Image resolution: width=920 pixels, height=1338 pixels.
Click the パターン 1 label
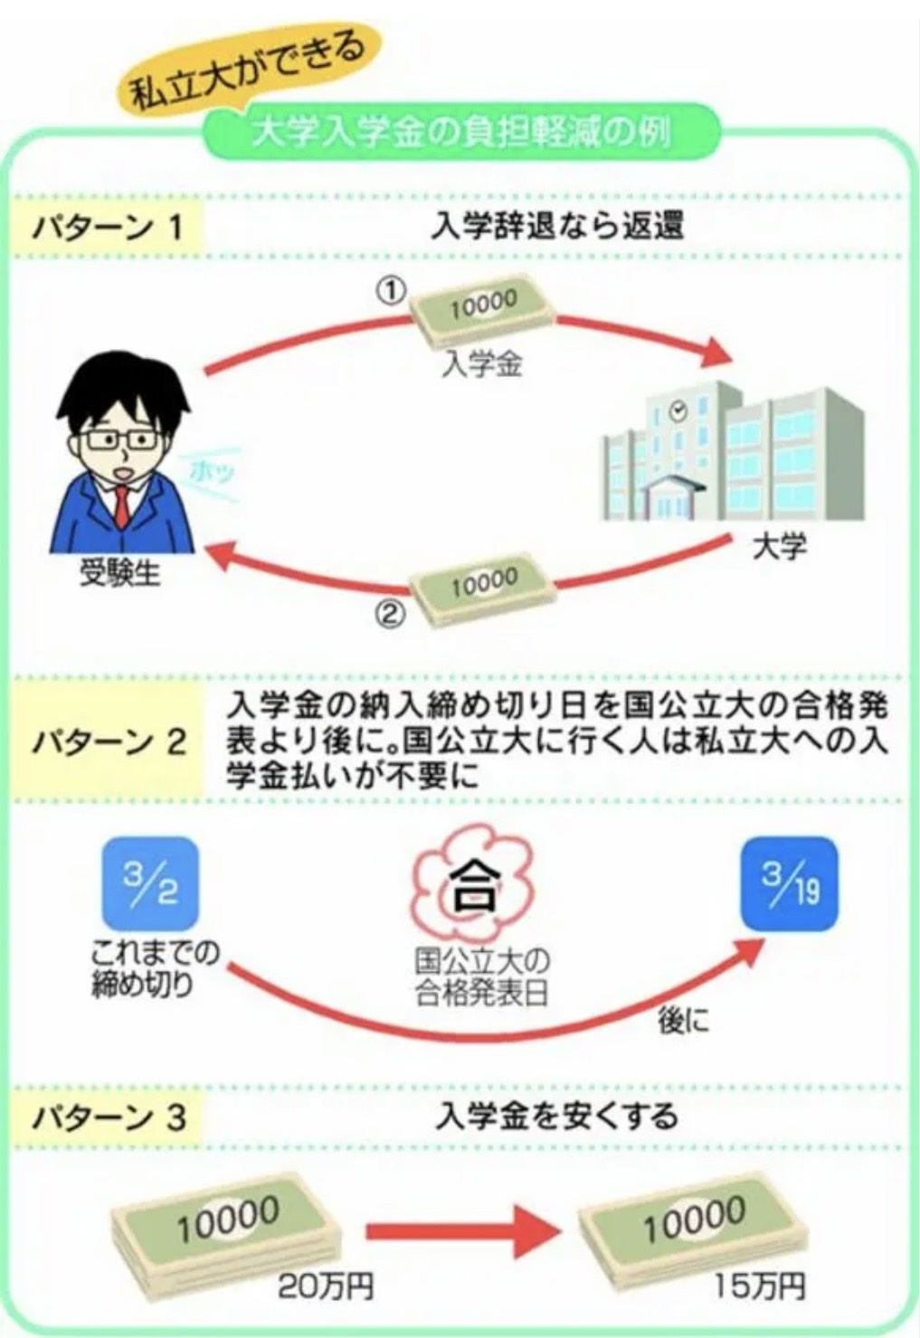[108, 226]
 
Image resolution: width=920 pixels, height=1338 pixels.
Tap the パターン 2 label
[109, 743]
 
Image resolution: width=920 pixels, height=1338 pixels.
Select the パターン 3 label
[109, 1118]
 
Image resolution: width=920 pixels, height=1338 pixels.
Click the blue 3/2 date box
[151, 883]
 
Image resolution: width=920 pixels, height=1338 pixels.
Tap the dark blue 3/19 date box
[790, 883]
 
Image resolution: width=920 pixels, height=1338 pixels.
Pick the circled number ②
[387, 615]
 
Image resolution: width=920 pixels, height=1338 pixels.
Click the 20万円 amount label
[325, 1286]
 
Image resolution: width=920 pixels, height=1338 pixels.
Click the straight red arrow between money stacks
[457, 1231]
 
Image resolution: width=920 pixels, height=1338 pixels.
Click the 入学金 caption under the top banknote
[483, 366]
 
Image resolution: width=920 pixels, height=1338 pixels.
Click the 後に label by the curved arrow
[684, 1021]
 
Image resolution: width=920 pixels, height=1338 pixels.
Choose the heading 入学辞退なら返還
[557, 226]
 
